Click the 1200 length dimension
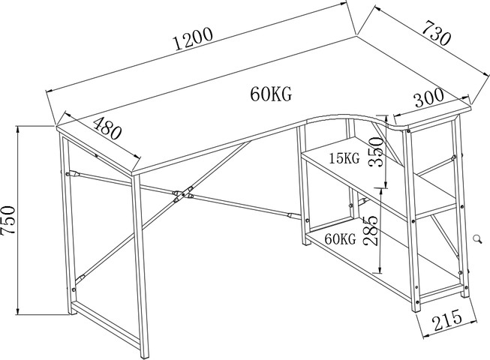click(193, 39)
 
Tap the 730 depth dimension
click(437, 33)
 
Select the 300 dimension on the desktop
click(429, 97)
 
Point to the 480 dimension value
click(107, 128)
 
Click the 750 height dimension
click(8, 220)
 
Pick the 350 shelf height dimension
click(376, 152)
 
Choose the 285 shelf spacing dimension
click(371, 230)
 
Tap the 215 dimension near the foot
click(447, 319)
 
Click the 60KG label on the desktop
click(271, 94)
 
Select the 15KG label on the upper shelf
click(344, 158)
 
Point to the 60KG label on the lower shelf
click(341, 239)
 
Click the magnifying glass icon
click(477, 238)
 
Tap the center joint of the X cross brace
click(183, 194)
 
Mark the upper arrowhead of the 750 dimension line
click(18, 129)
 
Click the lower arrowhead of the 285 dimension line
click(380, 269)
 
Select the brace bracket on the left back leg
click(73, 173)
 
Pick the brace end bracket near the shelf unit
click(290, 215)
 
